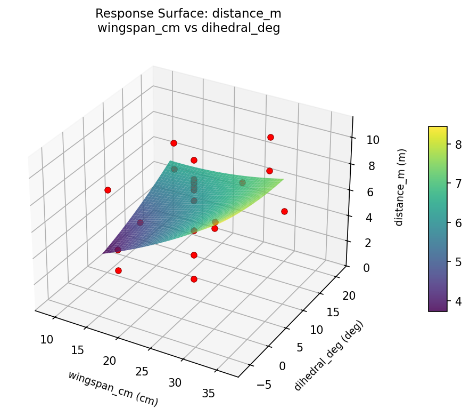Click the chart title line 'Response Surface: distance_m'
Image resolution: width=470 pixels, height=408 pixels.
pyautogui.click(x=188, y=13)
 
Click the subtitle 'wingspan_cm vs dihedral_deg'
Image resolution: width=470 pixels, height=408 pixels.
pyautogui.click(x=188, y=28)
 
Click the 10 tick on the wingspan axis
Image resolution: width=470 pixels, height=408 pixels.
pyautogui.click(x=47, y=339)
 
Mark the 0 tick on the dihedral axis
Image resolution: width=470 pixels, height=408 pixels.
pyautogui.click(x=282, y=366)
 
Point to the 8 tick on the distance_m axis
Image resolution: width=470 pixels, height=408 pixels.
pyautogui.click(x=367, y=166)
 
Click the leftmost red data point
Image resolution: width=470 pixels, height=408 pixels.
pyautogui.click(x=108, y=190)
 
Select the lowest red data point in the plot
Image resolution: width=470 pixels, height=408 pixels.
pyautogui.click(x=194, y=279)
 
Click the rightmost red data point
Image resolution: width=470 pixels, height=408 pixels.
pyautogui.click(x=284, y=211)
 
